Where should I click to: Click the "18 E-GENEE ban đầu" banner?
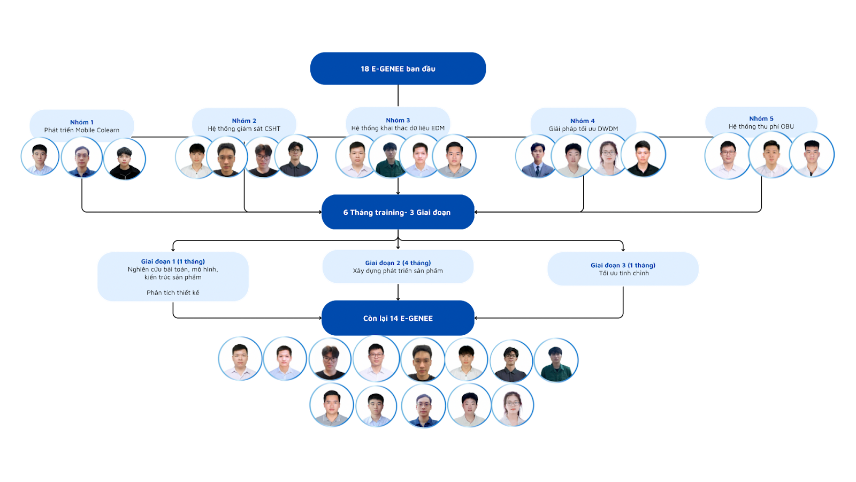[x=398, y=69]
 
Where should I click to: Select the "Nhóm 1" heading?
[x=82, y=122]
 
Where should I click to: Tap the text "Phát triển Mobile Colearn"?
[x=82, y=130]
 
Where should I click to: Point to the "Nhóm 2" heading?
[x=244, y=121]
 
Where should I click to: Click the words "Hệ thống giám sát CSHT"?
[x=244, y=129]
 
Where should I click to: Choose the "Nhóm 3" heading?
[x=398, y=120]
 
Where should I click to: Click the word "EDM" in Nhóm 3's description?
[x=438, y=129]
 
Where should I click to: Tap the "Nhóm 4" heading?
[x=583, y=121]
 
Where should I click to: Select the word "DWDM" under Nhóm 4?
[x=608, y=129]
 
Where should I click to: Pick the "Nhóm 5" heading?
[x=761, y=119]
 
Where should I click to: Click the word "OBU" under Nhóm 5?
[x=787, y=127]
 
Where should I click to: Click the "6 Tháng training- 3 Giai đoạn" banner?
[x=397, y=213]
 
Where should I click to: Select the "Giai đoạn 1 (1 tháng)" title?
[x=173, y=262]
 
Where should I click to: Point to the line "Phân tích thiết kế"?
[x=173, y=293]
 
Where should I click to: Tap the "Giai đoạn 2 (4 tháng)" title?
[x=398, y=263]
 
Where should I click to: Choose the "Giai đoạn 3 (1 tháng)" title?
[x=623, y=266]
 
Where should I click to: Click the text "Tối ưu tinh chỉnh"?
[x=624, y=274]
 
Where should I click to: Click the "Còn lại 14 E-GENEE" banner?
[x=398, y=319]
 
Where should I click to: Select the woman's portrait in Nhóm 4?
[x=608, y=155]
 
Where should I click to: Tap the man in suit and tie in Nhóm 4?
[x=537, y=156]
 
